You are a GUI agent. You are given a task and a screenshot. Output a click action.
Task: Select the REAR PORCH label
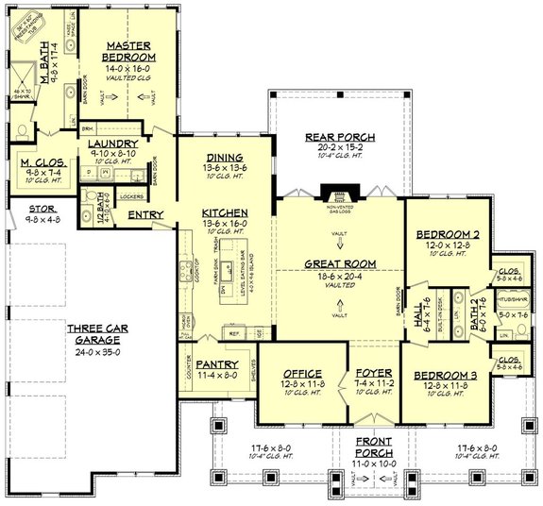330,137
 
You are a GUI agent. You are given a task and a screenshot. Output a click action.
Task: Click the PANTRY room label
218,363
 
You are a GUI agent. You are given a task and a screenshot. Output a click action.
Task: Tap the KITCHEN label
224,213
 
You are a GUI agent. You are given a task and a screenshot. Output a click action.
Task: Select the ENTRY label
144,215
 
